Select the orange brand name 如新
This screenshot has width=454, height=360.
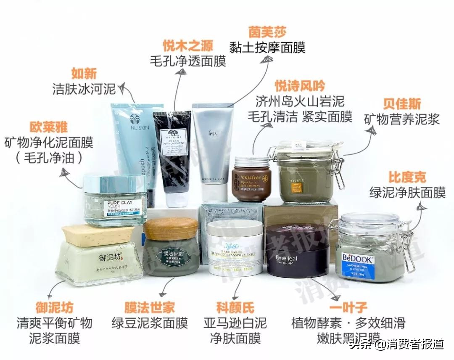point(84,73)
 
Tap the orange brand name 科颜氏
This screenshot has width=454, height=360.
point(235,307)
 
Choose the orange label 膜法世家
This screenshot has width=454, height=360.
point(149,307)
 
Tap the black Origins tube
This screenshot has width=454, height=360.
point(172,156)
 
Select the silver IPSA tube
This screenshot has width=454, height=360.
point(212,147)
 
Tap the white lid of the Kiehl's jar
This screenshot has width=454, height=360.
point(235,228)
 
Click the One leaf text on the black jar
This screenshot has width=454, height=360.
point(286,258)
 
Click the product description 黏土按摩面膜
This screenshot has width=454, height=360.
point(267,47)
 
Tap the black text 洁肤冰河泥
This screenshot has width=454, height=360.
point(84,89)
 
